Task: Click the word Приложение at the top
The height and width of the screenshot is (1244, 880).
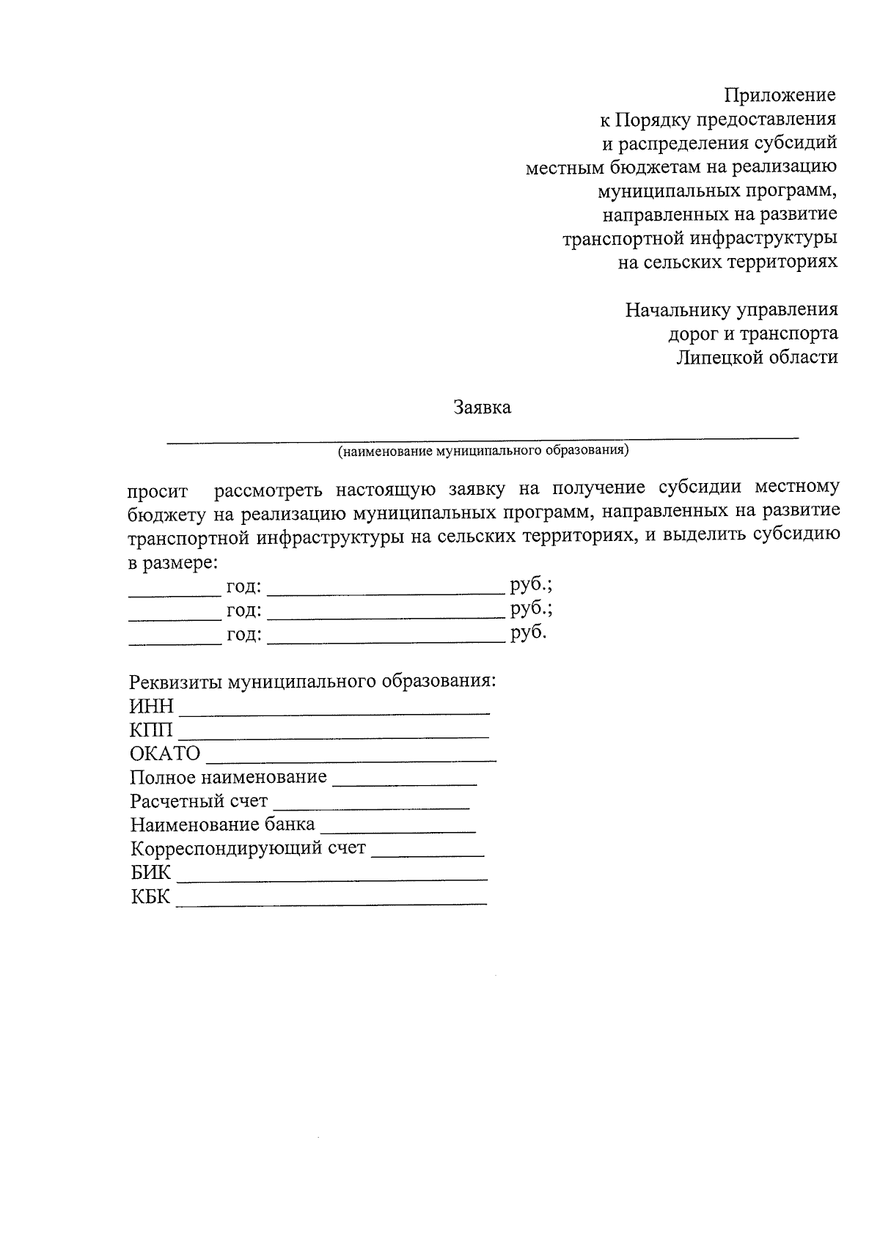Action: pos(780,95)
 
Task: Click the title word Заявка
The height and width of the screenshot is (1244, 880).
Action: pos(482,408)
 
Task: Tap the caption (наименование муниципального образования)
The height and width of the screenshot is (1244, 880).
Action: pos(483,450)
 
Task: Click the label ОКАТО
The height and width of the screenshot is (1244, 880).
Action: pos(165,754)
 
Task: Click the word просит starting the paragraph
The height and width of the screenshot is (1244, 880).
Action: pos(158,491)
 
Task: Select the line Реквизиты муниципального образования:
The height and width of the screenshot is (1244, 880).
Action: pos(313,681)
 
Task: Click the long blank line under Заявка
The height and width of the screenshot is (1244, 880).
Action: pos(483,438)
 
